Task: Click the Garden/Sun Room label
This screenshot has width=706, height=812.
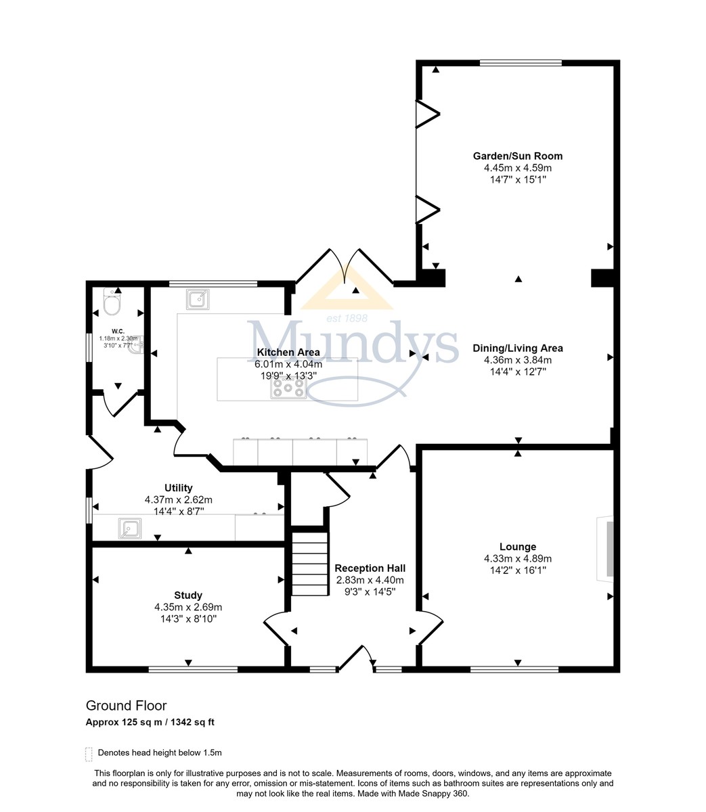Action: click(518, 156)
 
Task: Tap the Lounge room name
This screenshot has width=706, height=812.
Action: click(518, 547)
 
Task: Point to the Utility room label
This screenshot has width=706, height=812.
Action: click(178, 487)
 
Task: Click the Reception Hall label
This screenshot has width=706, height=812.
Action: click(370, 568)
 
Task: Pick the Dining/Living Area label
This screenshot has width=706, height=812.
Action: click(518, 348)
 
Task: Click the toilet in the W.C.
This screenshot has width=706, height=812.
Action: click(111, 301)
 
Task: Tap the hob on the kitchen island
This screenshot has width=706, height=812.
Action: click(288, 388)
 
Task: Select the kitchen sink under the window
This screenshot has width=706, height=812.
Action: click(198, 299)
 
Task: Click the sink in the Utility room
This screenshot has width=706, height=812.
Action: click(130, 528)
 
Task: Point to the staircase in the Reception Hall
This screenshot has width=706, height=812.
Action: click(310, 564)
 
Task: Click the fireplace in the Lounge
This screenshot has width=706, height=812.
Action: click(605, 549)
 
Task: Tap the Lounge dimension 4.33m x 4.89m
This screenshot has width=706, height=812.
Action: click(518, 558)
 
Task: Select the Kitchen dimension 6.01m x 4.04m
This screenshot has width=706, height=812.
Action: click(288, 363)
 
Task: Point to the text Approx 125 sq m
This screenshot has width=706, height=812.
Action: click(124, 722)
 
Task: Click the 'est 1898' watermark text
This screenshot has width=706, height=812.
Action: click(347, 318)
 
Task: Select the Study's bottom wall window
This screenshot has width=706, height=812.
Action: click(193, 669)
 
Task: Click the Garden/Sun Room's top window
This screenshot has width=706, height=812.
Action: click(521, 63)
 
